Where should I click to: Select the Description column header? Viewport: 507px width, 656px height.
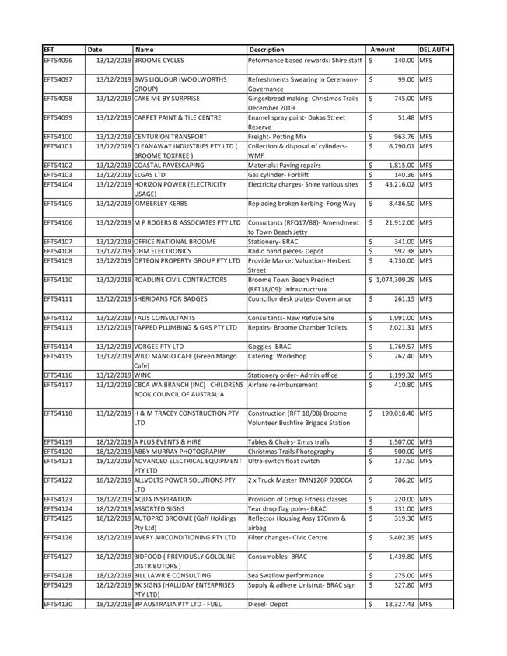267,50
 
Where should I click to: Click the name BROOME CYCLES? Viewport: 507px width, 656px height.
159,60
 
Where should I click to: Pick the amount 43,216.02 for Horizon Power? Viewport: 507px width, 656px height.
397,184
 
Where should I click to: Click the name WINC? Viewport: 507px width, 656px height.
142,375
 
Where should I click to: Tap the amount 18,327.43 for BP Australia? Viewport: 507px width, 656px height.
397,603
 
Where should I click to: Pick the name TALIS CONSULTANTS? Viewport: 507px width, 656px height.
164,317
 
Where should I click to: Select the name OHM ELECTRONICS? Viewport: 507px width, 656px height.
163,251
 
